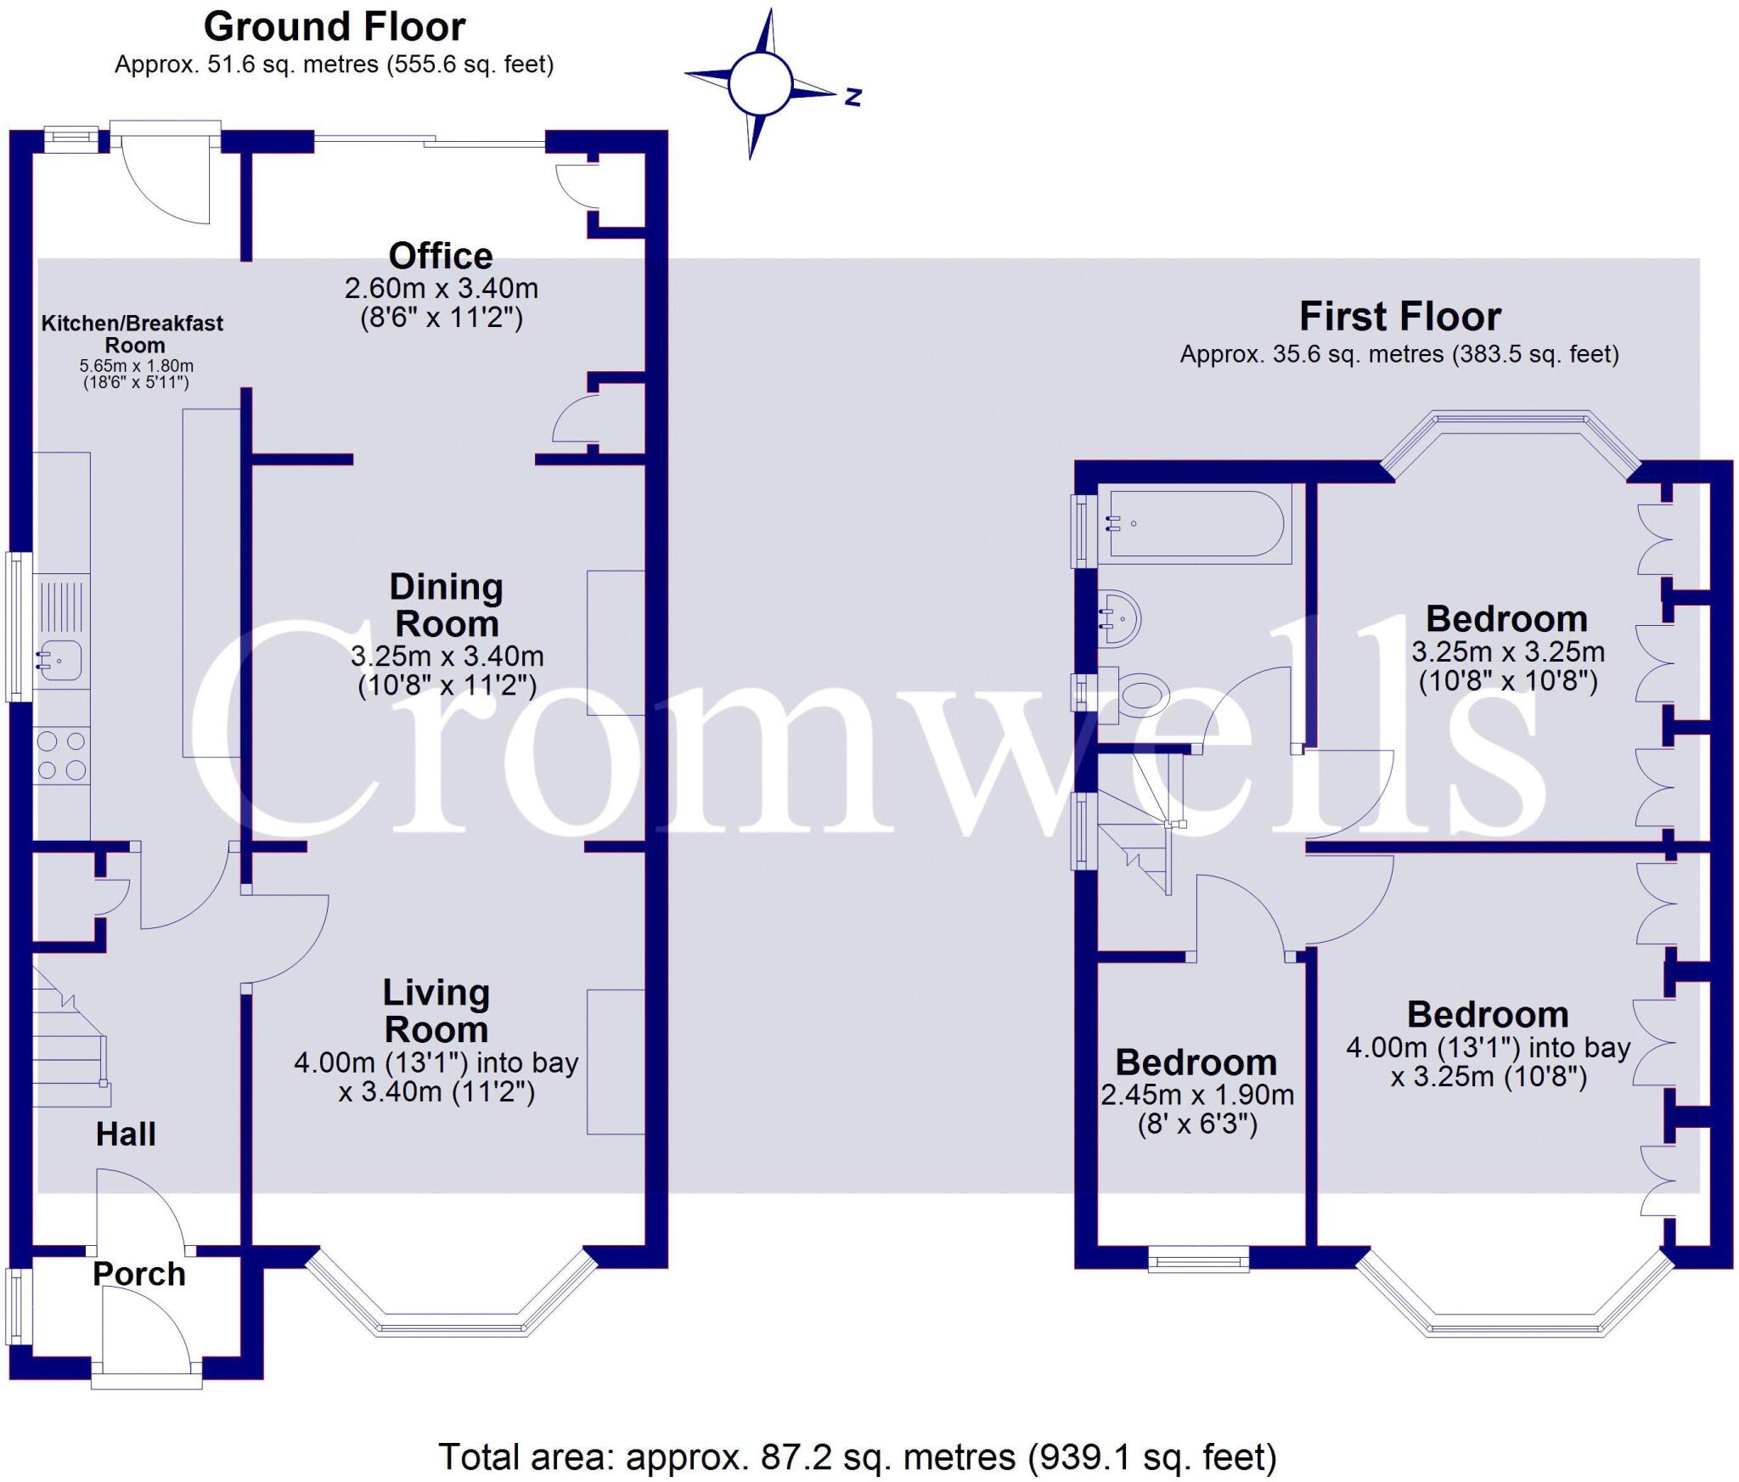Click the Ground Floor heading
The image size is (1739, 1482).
[335, 27]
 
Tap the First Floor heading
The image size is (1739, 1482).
[1399, 317]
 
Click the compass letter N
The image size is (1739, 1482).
[853, 97]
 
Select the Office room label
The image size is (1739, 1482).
[441, 256]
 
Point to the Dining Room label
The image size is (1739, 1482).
[446, 605]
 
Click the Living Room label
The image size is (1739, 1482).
[436, 1011]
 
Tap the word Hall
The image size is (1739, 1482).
[126, 1134]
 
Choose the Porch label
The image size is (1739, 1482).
[138, 1274]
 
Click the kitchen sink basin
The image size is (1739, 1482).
[59, 660]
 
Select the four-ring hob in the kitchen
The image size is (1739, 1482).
[62, 755]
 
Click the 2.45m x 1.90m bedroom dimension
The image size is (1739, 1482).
[1197, 1095]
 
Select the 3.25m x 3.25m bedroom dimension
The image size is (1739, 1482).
[1508, 651]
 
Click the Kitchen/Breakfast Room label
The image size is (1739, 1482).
[132, 334]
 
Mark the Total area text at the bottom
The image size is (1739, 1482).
[858, 1457]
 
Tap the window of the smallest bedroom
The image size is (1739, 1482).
[1199, 1259]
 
